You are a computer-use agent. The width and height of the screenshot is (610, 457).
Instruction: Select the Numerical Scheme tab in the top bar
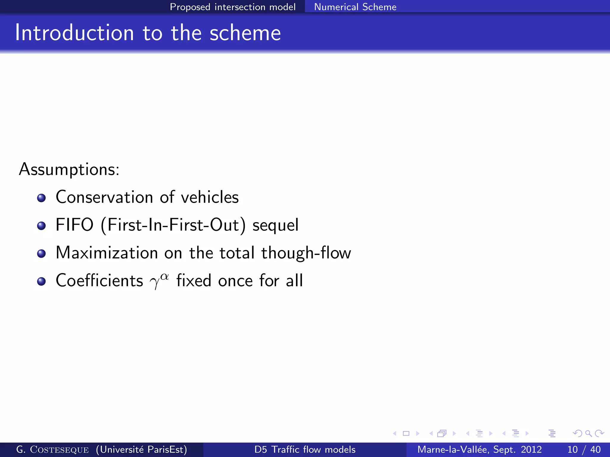point(355,7)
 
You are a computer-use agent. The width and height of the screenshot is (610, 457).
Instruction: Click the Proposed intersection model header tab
point(233,7)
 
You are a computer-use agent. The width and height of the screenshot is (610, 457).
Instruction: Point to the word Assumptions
point(69,170)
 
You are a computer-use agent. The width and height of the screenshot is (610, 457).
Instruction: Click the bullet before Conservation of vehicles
point(41,198)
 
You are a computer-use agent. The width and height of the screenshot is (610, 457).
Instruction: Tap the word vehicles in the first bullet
point(210,197)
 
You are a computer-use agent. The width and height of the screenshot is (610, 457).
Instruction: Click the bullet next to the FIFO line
point(41,226)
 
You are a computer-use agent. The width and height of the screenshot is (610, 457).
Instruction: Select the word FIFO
point(74,225)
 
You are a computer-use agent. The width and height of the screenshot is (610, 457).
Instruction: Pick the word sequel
point(275,225)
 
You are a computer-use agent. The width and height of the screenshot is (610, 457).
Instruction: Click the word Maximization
point(107,253)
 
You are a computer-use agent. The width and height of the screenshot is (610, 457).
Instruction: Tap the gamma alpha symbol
point(159,281)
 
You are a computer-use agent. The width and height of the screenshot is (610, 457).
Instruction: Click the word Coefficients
point(99,281)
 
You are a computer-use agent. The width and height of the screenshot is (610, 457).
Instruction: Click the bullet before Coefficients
point(41,281)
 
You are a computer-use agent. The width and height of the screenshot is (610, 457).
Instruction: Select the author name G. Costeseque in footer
point(52,449)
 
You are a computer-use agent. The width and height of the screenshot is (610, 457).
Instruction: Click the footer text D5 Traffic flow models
point(305,449)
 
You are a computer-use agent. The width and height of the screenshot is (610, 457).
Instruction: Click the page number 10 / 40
point(584,449)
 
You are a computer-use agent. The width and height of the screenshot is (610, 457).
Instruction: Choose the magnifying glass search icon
point(588,433)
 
